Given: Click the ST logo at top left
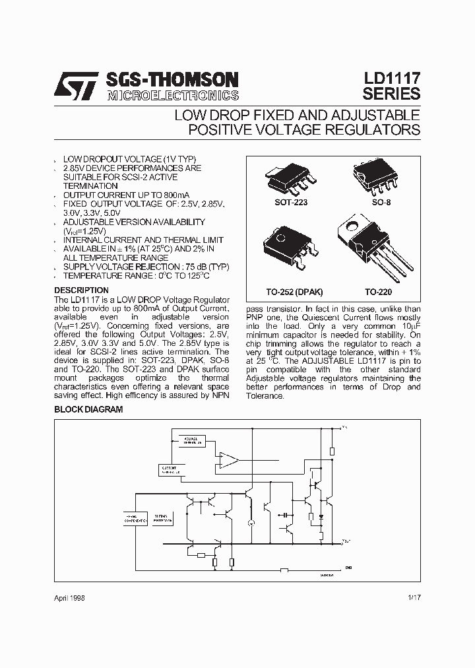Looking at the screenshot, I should (78, 86).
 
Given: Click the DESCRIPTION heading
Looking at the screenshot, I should (81, 290).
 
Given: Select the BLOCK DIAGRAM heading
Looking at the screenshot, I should (88, 410).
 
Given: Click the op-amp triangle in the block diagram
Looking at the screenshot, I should (229, 460).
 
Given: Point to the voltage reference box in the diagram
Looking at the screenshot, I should (191, 440).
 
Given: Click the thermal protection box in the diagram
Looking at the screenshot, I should (161, 518).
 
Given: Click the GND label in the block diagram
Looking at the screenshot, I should (348, 567).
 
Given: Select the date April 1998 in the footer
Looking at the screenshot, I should (69, 597).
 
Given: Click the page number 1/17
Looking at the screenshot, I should (414, 597).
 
